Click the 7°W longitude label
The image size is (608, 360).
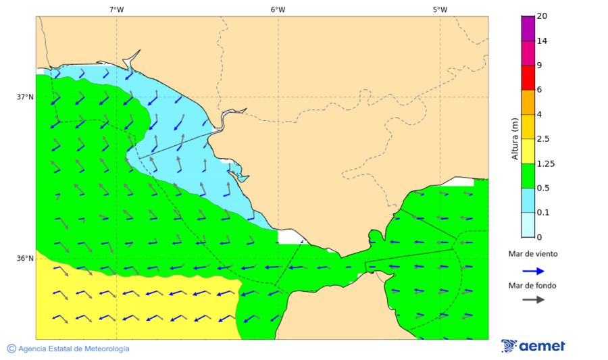(x=116, y=9)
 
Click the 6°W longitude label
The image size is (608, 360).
(x=278, y=9)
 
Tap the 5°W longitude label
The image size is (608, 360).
(x=440, y=9)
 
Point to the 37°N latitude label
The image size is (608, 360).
(x=25, y=97)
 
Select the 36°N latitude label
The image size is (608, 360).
(x=25, y=258)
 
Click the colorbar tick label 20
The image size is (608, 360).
(x=542, y=16)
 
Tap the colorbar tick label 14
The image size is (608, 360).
(x=542, y=41)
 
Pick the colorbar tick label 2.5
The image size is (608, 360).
(x=543, y=139)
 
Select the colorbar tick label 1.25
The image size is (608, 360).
(x=545, y=163)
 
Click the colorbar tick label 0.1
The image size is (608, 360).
(x=543, y=213)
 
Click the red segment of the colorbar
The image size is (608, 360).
(x=528, y=77)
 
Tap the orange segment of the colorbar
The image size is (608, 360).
(x=528, y=102)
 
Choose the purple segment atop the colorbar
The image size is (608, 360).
(x=528, y=28)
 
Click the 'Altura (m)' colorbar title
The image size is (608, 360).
(x=515, y=138)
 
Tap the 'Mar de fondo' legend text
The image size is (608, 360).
(x=533, y=286)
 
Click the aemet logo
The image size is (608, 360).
(x=533, y=346)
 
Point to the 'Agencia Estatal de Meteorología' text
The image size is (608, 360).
(x=74, y=349)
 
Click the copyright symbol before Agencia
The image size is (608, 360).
(x=11, y=349)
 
